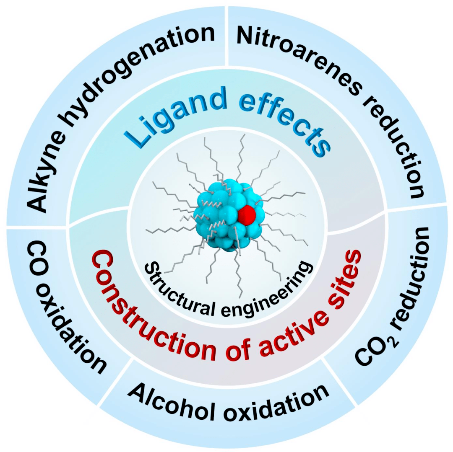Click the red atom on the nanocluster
click(247, 214)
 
